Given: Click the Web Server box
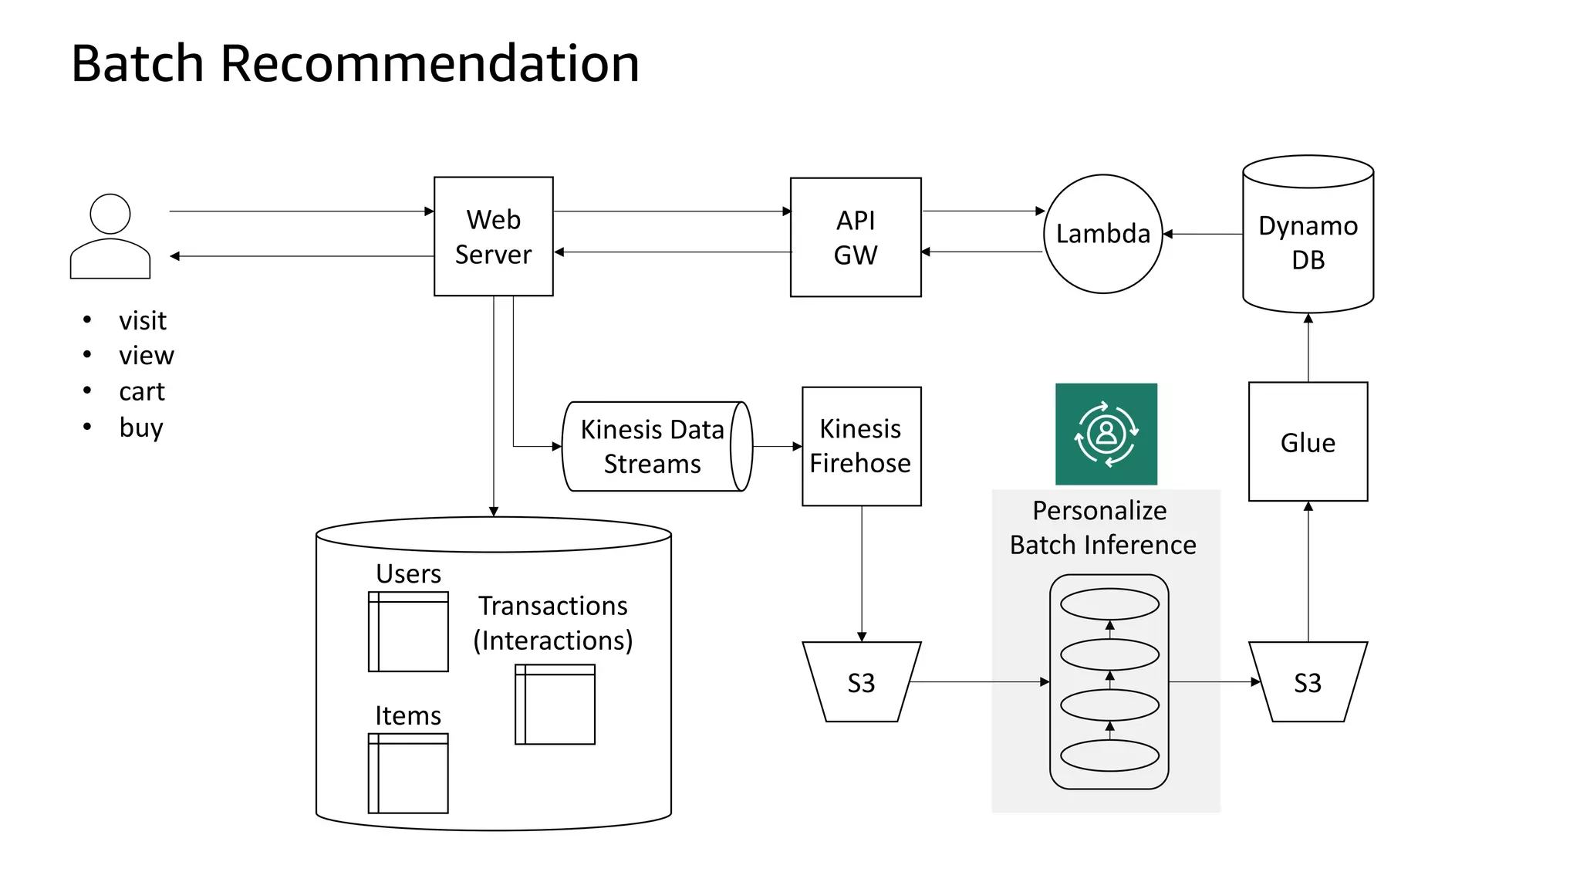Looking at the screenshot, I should [493, 236].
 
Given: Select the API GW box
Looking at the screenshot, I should [855, 237].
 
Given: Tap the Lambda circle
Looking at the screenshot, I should [1102, 234].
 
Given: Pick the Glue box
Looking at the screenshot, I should [1308, 442].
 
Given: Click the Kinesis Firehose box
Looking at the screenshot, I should [861, 446].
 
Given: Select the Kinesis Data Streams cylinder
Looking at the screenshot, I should [653, 446].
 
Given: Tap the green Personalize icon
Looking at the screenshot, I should [1106, 434].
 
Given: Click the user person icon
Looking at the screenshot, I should [110, 236].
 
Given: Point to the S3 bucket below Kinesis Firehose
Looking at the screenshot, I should [861, 682].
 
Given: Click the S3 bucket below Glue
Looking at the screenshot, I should [1308, 682].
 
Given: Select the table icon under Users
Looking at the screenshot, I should [408, 631].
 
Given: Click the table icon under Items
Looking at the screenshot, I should [408, 773].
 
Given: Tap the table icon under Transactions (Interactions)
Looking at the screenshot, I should [555, 704].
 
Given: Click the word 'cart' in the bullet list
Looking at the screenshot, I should [142, 392].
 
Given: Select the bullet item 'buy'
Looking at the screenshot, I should [141, 428].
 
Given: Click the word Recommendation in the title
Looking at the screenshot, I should [430, 63].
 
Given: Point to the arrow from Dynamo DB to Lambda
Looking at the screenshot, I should [1203, 234].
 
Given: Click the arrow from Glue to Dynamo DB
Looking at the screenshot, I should [1308, 347].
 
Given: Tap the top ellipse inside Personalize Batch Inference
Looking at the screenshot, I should [1109, 604].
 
